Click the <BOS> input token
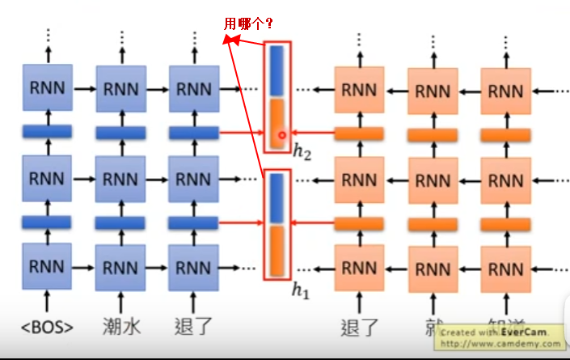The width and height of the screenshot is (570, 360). [x=47, y=328]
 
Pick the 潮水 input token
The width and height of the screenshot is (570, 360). [x=120, y=328]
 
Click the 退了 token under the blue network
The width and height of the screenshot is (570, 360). [x=193, y=328]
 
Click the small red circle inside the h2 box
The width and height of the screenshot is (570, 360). [x=281, y=135]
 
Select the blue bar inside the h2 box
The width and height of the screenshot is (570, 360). [x=277, y=70]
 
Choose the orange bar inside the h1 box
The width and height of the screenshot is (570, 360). [x=277, y=251]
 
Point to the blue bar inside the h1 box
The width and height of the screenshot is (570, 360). [x=277, y=198]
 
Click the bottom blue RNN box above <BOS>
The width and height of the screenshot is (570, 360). [x=47, y=266]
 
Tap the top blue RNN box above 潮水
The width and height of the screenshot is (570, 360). [x=120, y=88]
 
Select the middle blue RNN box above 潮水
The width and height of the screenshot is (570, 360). [x=120, y=177]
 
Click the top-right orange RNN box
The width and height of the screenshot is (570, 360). [x=506, y=89]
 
